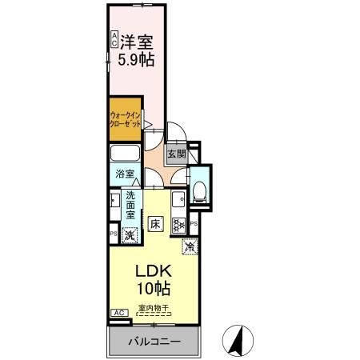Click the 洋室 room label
tap(138, 41)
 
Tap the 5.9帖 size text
tap(138, 58)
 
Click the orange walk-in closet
tap(126, 122)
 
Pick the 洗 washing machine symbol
tap(130, 234)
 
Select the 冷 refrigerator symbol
tap(190, 247)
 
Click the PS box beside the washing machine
tap(112, 234)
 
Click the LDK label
tap(150, 270)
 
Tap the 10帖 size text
tap(150, 288)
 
